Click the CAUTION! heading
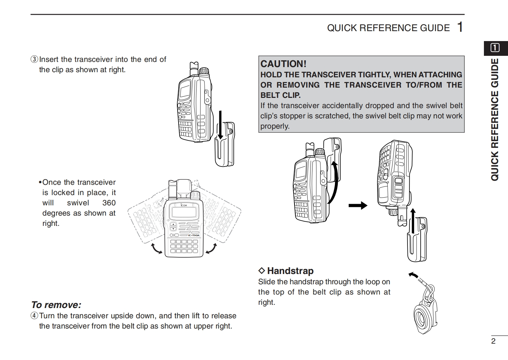pos(283,64)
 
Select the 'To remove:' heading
pos(56,304)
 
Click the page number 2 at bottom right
pos(494,341)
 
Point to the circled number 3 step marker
pos(34,60)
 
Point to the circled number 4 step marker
pos(34,316)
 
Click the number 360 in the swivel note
pos(109,203)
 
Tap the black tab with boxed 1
pos(495,48)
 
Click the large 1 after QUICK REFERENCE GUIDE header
pos(460,27)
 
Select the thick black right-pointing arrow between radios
pos(358,205)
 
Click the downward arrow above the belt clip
pos(220,125)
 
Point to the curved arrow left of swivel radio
pos(157,249)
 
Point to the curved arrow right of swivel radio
pos(211,249)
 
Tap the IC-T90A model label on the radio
pos(193,236)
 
